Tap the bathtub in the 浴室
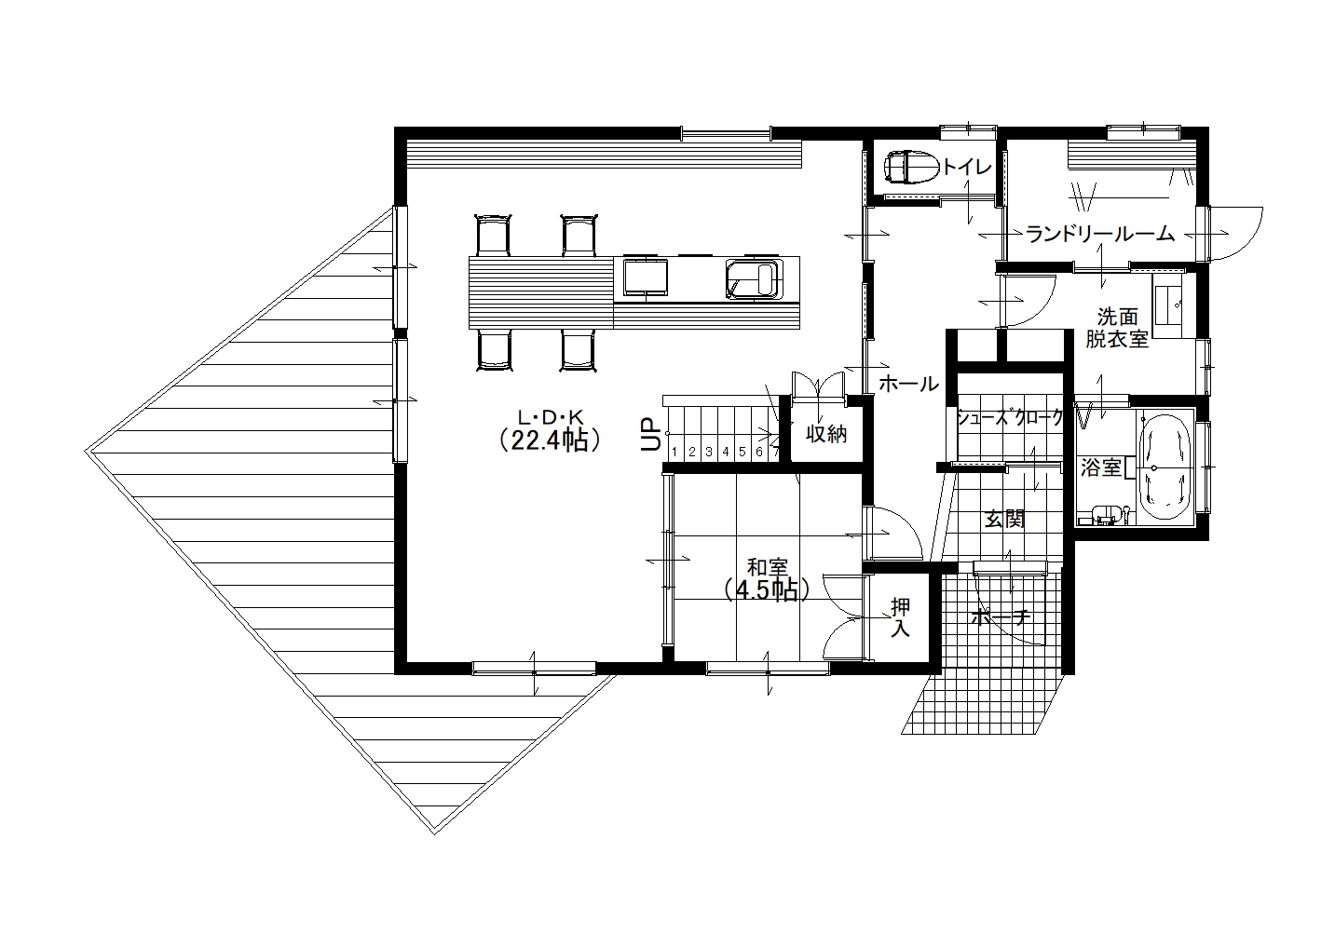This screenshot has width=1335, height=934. coord(1165,468)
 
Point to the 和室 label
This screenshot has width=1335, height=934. coord(768,566)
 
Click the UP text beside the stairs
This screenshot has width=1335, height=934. coord(650,434)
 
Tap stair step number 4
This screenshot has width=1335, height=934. coord(726,453)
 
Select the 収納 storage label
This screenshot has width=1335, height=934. coord(826,434)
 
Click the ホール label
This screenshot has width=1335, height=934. coord(909,385)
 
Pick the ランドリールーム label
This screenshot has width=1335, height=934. coord(1100,234)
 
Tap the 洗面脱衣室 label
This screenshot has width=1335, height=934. coord(1117,328)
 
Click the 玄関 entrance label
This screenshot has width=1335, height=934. coord(1004,520)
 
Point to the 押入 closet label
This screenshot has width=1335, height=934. coord(900,617)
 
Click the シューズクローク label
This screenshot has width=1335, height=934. coord(1010,417)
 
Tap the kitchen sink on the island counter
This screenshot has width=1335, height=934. coord(753,278)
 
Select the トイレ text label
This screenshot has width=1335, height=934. coord(967,168)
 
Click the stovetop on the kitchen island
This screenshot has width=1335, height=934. coord(645,277)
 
